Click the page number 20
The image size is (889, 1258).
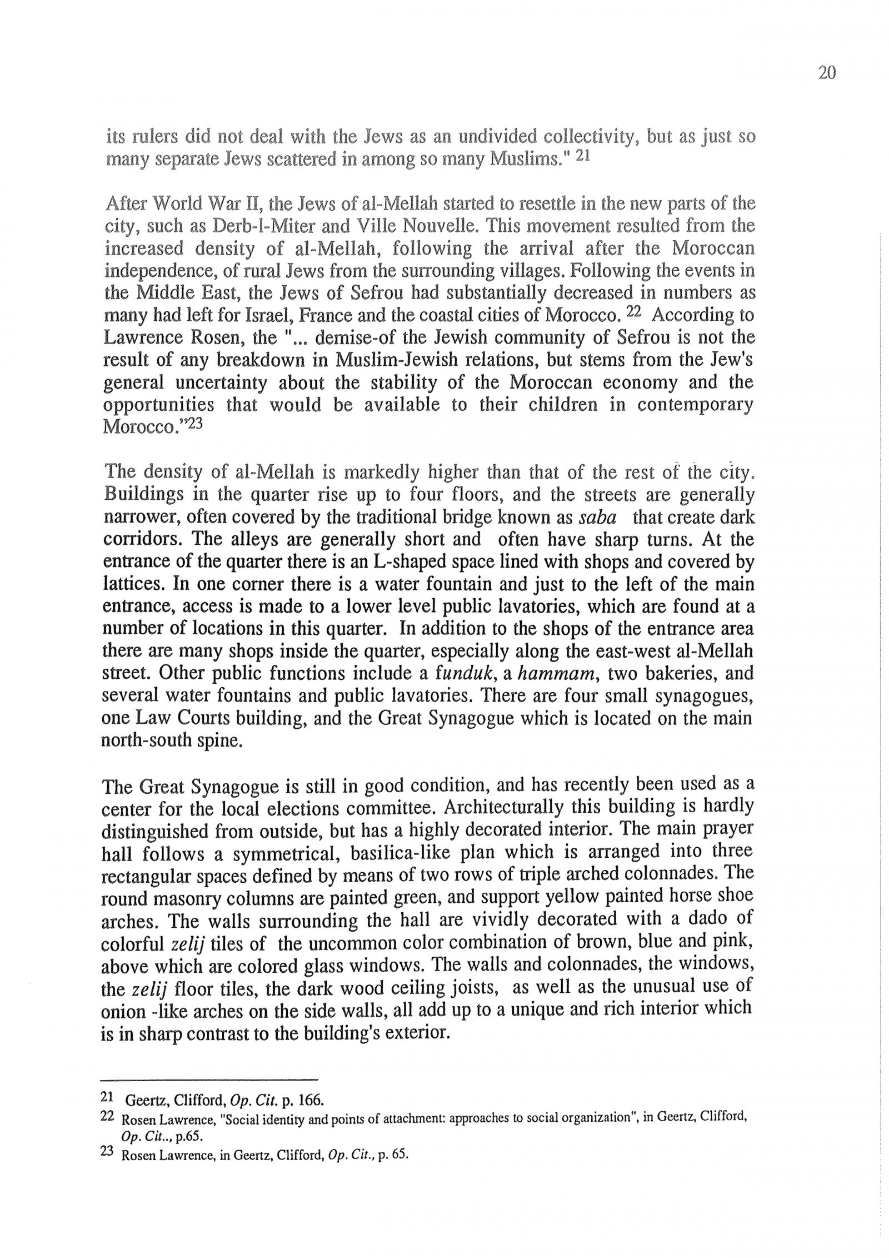[x=827, y=73]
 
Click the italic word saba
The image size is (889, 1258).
[x=597, y=518]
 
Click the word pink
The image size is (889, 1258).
[x=736, y=941]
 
